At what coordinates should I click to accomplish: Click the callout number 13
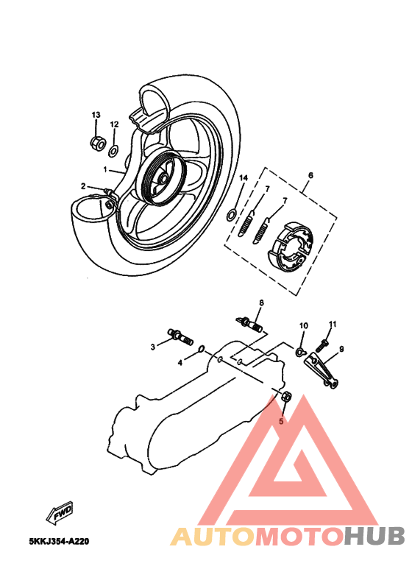click(96, 115)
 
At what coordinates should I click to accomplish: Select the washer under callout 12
click(114, 150)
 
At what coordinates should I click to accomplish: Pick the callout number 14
click(244, 179)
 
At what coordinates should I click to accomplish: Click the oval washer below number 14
click(231, 214)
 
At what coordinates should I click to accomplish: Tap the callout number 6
click(310, 175)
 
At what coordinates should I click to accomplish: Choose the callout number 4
click(180, 362)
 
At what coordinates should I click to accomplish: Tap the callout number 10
click(303, 325)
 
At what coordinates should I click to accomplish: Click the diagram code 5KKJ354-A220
click(59, 541)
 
